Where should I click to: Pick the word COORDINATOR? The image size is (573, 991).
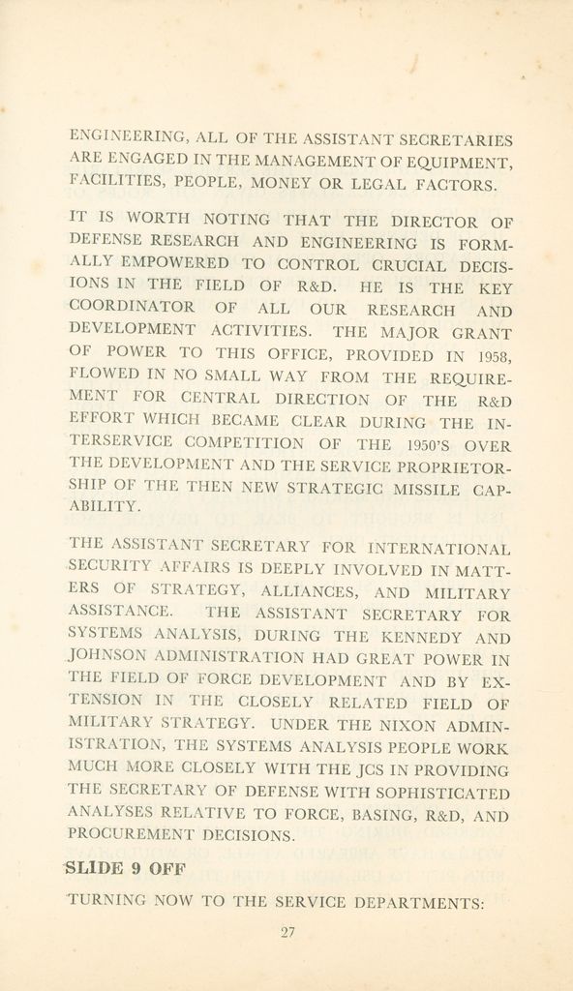131,309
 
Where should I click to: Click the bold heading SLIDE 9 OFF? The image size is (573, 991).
123,867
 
